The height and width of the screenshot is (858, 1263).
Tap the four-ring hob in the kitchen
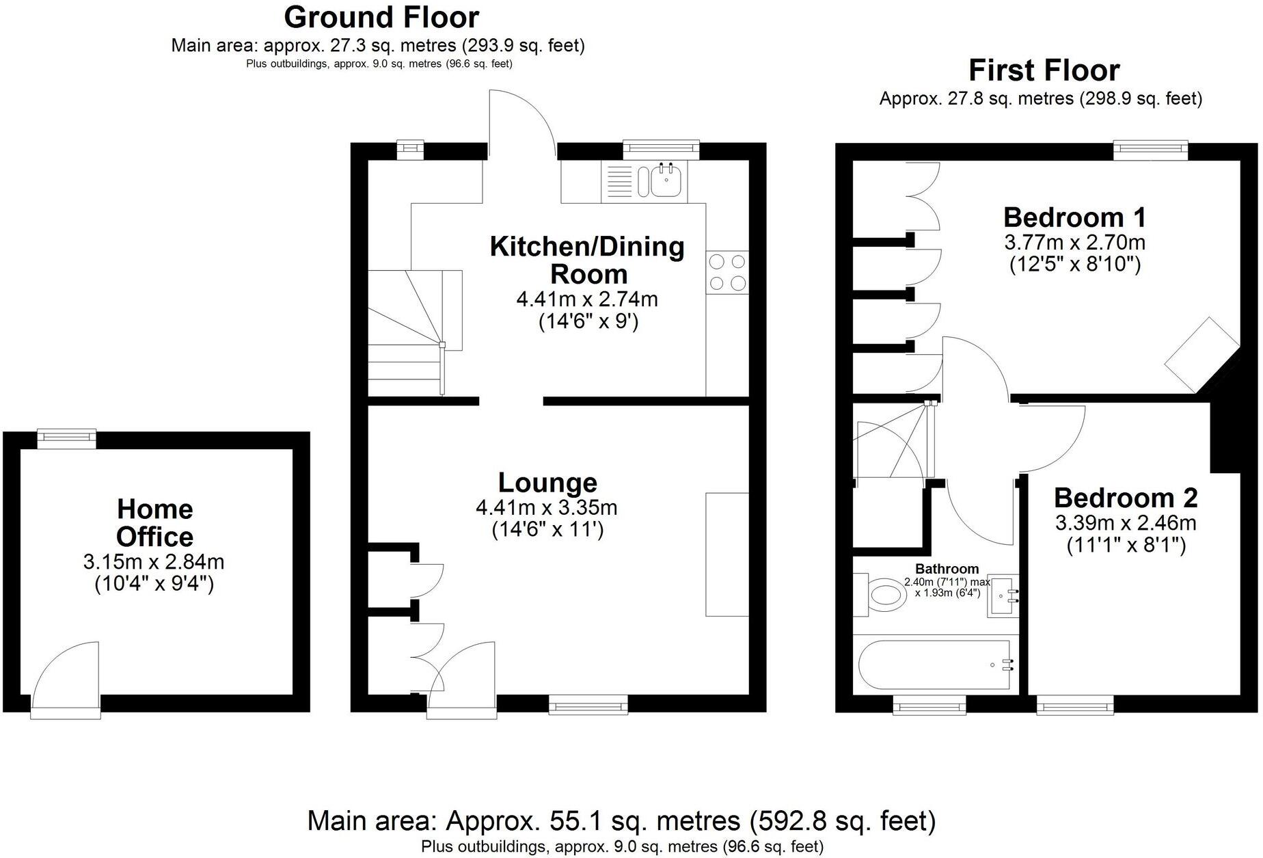(x=727, y=272)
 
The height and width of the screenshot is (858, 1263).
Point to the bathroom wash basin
(x=1002, y=595)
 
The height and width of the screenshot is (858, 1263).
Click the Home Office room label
(x=155, y=523)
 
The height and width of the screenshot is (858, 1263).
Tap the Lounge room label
(x=547, y=483)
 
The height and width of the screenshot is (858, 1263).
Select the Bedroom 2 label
(x=1125, y=498)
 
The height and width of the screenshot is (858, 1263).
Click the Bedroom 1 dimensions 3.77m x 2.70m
(x=1074, y=243)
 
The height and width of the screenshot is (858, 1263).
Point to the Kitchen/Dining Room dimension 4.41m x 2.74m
(x=587, y=299)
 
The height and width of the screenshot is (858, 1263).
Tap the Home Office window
(x=66, y=438)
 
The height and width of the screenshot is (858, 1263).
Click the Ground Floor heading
(x=381, y=17)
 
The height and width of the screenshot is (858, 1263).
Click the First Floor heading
(x=1044, y=70)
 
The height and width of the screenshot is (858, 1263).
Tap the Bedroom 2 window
(x=1075, y=705)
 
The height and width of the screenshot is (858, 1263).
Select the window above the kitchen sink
(x=661, y=148)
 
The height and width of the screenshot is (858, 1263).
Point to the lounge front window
(x=588, y=705)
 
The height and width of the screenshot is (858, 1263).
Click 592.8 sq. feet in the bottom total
(x=843, y=820)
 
